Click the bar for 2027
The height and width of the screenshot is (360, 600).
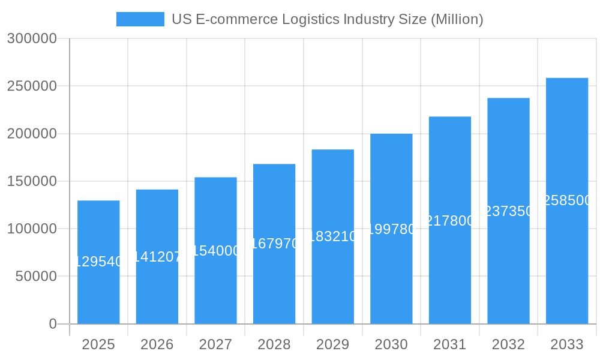[x=215, y=288]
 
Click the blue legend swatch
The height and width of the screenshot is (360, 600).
[x=140, y=19]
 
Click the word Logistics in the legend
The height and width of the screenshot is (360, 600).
[x=310, y=19]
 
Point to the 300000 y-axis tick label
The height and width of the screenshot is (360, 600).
[x=32, y=39]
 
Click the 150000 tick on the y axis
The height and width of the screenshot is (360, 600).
[x=32, y=181]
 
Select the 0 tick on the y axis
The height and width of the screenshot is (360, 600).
[x=52, y=324]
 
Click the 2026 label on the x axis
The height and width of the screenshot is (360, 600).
[x=157, y=344]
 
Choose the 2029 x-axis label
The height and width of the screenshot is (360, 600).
[x=332, y=344]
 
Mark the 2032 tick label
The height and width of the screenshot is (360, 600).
[x=508, y=344]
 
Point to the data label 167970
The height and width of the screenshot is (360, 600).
[x=274, y=244]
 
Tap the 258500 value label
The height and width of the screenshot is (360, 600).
[x=567, y=200]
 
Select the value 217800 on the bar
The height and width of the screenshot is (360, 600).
[x=450, y=221]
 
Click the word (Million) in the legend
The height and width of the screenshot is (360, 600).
[x=457, y=19]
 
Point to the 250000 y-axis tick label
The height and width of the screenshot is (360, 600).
[x=32, y=86]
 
